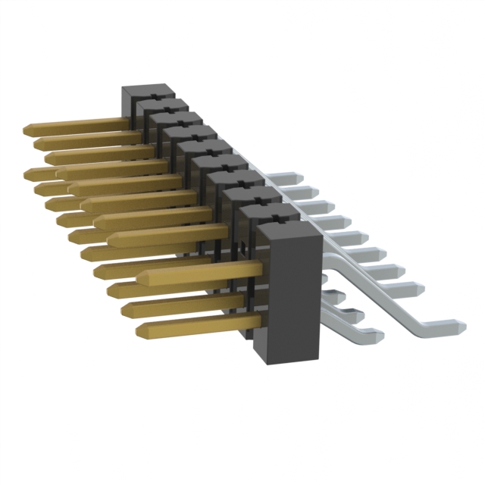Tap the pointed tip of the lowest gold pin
point(141,330)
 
